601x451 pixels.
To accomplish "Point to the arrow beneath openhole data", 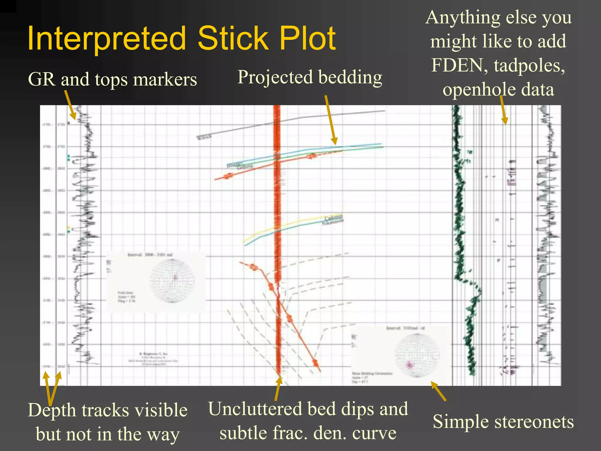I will [x=503, y=110].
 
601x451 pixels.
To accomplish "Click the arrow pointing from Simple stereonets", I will [x=438, y=391].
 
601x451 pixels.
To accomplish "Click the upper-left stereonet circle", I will [x=172, y=281].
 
